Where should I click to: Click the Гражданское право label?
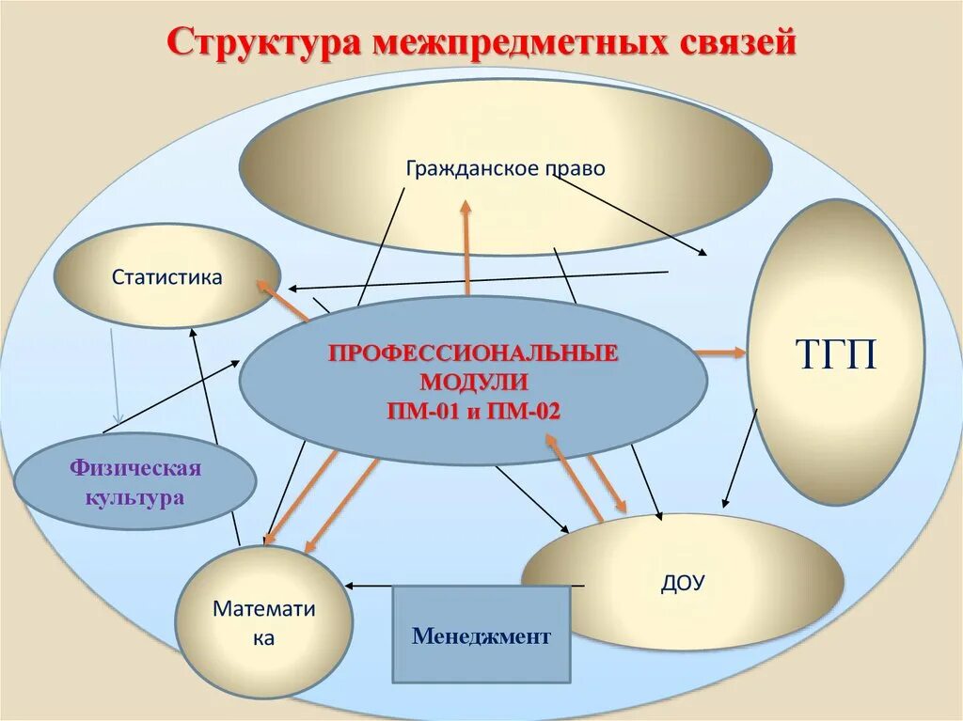tap(506, 168)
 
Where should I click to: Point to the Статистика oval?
tap(167, 277)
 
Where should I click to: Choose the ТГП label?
tap(836, 354)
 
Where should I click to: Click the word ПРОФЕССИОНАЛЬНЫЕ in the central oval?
tap(472, 354)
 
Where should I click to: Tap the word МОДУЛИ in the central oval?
tap(473, 383)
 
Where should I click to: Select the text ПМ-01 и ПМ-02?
tap(472, 411)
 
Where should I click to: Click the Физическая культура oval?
tap(134, 482)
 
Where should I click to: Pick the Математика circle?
tap(263, 622)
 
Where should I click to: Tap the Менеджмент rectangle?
tap(481, 636)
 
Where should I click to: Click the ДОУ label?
tap(682, 583)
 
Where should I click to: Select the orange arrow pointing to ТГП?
tap(721, 353)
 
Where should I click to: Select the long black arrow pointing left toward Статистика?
tap(480, 280)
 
